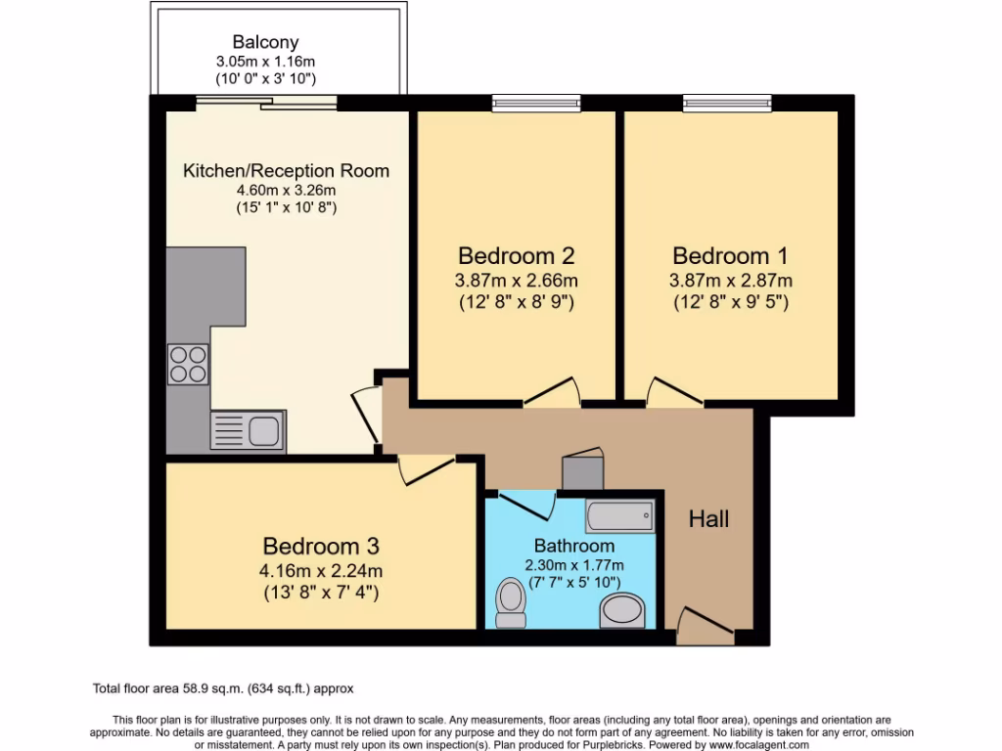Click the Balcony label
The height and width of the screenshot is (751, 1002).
tap(265, 42)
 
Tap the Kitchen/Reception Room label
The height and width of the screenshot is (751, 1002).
tap(286, 171)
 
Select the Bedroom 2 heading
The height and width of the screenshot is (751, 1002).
tap(516, 256)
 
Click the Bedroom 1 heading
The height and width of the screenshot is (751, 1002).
tap(730, 256)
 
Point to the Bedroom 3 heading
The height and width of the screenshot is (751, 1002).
tap(321, 546)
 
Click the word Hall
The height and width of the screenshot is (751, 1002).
tap(708, 519)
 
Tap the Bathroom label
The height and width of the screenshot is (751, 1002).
tap(574, 546)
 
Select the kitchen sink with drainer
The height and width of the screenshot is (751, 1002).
tap(248, 430)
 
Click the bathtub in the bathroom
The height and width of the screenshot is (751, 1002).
tap(619, 514)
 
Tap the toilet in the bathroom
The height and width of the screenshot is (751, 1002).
tap(511, 602)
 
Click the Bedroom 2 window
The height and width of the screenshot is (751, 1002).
tap(536, 102)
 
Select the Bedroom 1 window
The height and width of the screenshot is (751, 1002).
tap(728, 102)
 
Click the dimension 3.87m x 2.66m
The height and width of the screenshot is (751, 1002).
tap(516, 281)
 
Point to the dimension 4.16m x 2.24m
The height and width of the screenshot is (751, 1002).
tap(321, 571)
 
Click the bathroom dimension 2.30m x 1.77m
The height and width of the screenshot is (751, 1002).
tap(574, 565)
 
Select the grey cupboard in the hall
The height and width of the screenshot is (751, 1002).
tap(583, 470)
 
